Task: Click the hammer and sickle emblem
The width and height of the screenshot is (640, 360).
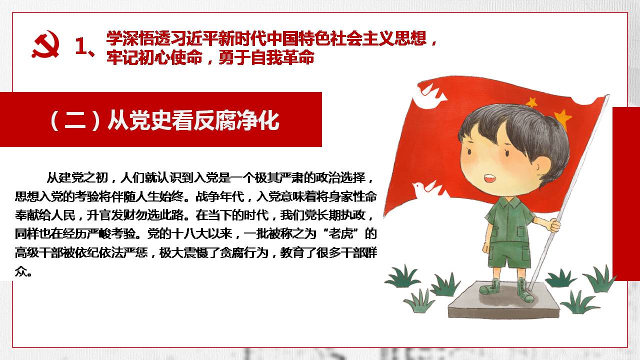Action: (x=45, y=44)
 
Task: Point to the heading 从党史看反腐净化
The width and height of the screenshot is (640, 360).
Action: (x=193, y=121)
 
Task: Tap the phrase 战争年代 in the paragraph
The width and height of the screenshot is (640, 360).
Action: (x=220, y=196)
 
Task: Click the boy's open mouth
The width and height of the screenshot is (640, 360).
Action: (x=489, y=179)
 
